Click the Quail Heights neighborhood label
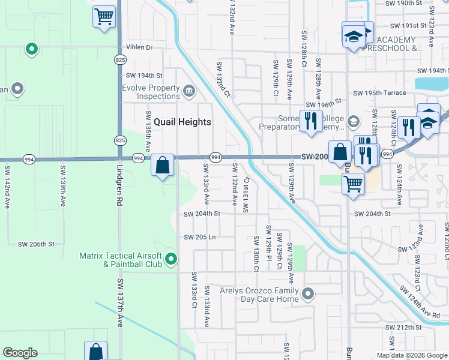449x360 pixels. [182, 122]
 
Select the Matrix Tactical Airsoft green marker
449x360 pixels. [171, 260]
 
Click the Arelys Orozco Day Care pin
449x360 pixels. [308, 294]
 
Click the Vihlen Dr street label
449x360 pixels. [139, 47]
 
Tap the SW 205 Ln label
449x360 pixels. [200, 237]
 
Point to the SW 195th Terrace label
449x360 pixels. [379, 93]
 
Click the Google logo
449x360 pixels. [20, 353]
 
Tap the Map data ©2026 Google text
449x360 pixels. [411, 355]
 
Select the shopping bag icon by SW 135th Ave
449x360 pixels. [162, 166]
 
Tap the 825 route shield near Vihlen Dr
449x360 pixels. [120, 59]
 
